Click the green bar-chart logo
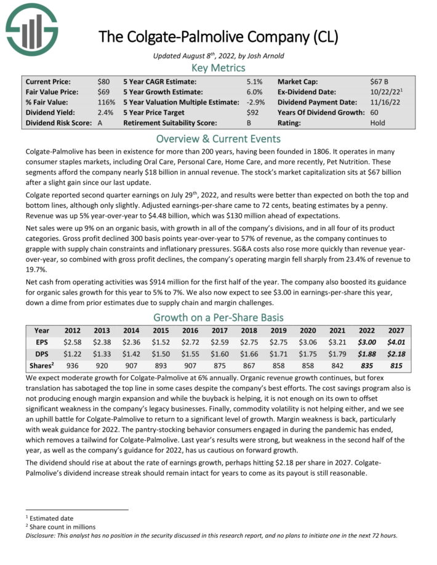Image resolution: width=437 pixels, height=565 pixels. click(32, 26)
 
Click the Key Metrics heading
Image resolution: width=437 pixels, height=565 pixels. click(218, 68)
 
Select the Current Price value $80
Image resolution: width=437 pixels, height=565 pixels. click(104, 81)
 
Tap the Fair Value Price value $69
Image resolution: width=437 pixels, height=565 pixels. click(104, 92)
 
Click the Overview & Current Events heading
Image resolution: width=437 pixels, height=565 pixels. click(218, 138)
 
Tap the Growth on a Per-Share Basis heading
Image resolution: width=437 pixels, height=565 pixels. click(218, 318)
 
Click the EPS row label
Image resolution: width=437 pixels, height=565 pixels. click(42, 341)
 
